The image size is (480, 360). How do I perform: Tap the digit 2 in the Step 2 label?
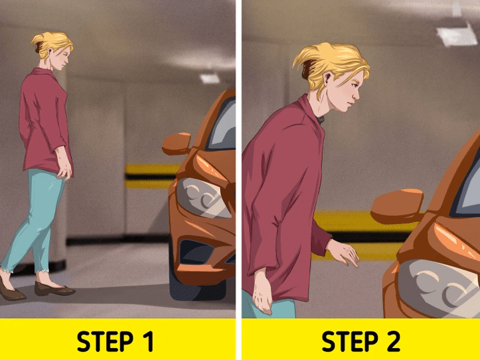pyautogui.click(x=392, y=341)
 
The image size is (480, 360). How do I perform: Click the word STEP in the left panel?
pyautogui.click(x=105, y=341)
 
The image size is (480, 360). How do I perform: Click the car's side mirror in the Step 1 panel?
pyautogui.click(x=177, y=143)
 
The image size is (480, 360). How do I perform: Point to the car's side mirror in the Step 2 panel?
pyautogui.click(x=397, y=206)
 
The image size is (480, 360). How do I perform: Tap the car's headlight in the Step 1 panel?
pyautogui.click(x=202, y=198)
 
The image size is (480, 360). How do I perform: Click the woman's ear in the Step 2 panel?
pyautogui.click(x=328, y=80)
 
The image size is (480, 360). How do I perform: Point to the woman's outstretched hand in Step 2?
pyautogui.click(x=343, y=252)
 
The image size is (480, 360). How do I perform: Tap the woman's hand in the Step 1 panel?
pyautogui.click(x=64, y=167)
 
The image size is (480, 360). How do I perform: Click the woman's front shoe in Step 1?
pyautogui.click(x=54, y=289)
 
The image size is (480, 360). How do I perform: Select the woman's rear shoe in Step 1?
pyautogui.click(x=12, y=290)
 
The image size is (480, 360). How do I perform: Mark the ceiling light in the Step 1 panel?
pyautogui.click(x=210, y=78)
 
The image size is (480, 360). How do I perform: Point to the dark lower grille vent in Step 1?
pyautogui.click(x=196, y=252)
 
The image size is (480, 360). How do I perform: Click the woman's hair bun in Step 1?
pyautogui.click(x=39, y=44)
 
